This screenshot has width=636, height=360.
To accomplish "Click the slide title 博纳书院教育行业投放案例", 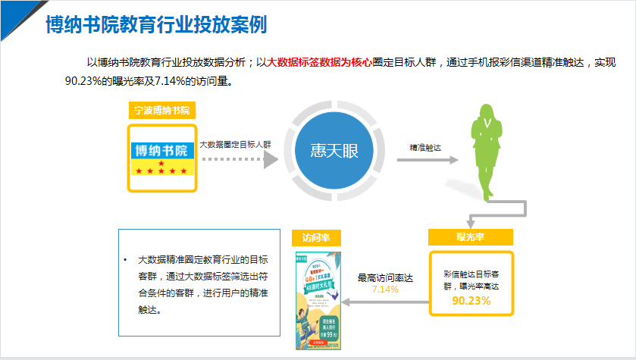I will click(156, 25).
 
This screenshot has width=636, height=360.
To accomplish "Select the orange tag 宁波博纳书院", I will click(161, 110).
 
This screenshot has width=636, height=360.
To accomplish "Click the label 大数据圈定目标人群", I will click(235, 144).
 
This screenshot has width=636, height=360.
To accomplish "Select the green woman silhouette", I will click(489, 148).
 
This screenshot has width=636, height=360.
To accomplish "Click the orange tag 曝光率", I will click(471, 237).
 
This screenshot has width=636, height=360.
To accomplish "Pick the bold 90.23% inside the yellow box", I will click(472, 300).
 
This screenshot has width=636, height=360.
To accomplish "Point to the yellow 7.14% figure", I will click(385, 290).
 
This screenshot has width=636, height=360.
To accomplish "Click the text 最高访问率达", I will click(385, 278).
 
